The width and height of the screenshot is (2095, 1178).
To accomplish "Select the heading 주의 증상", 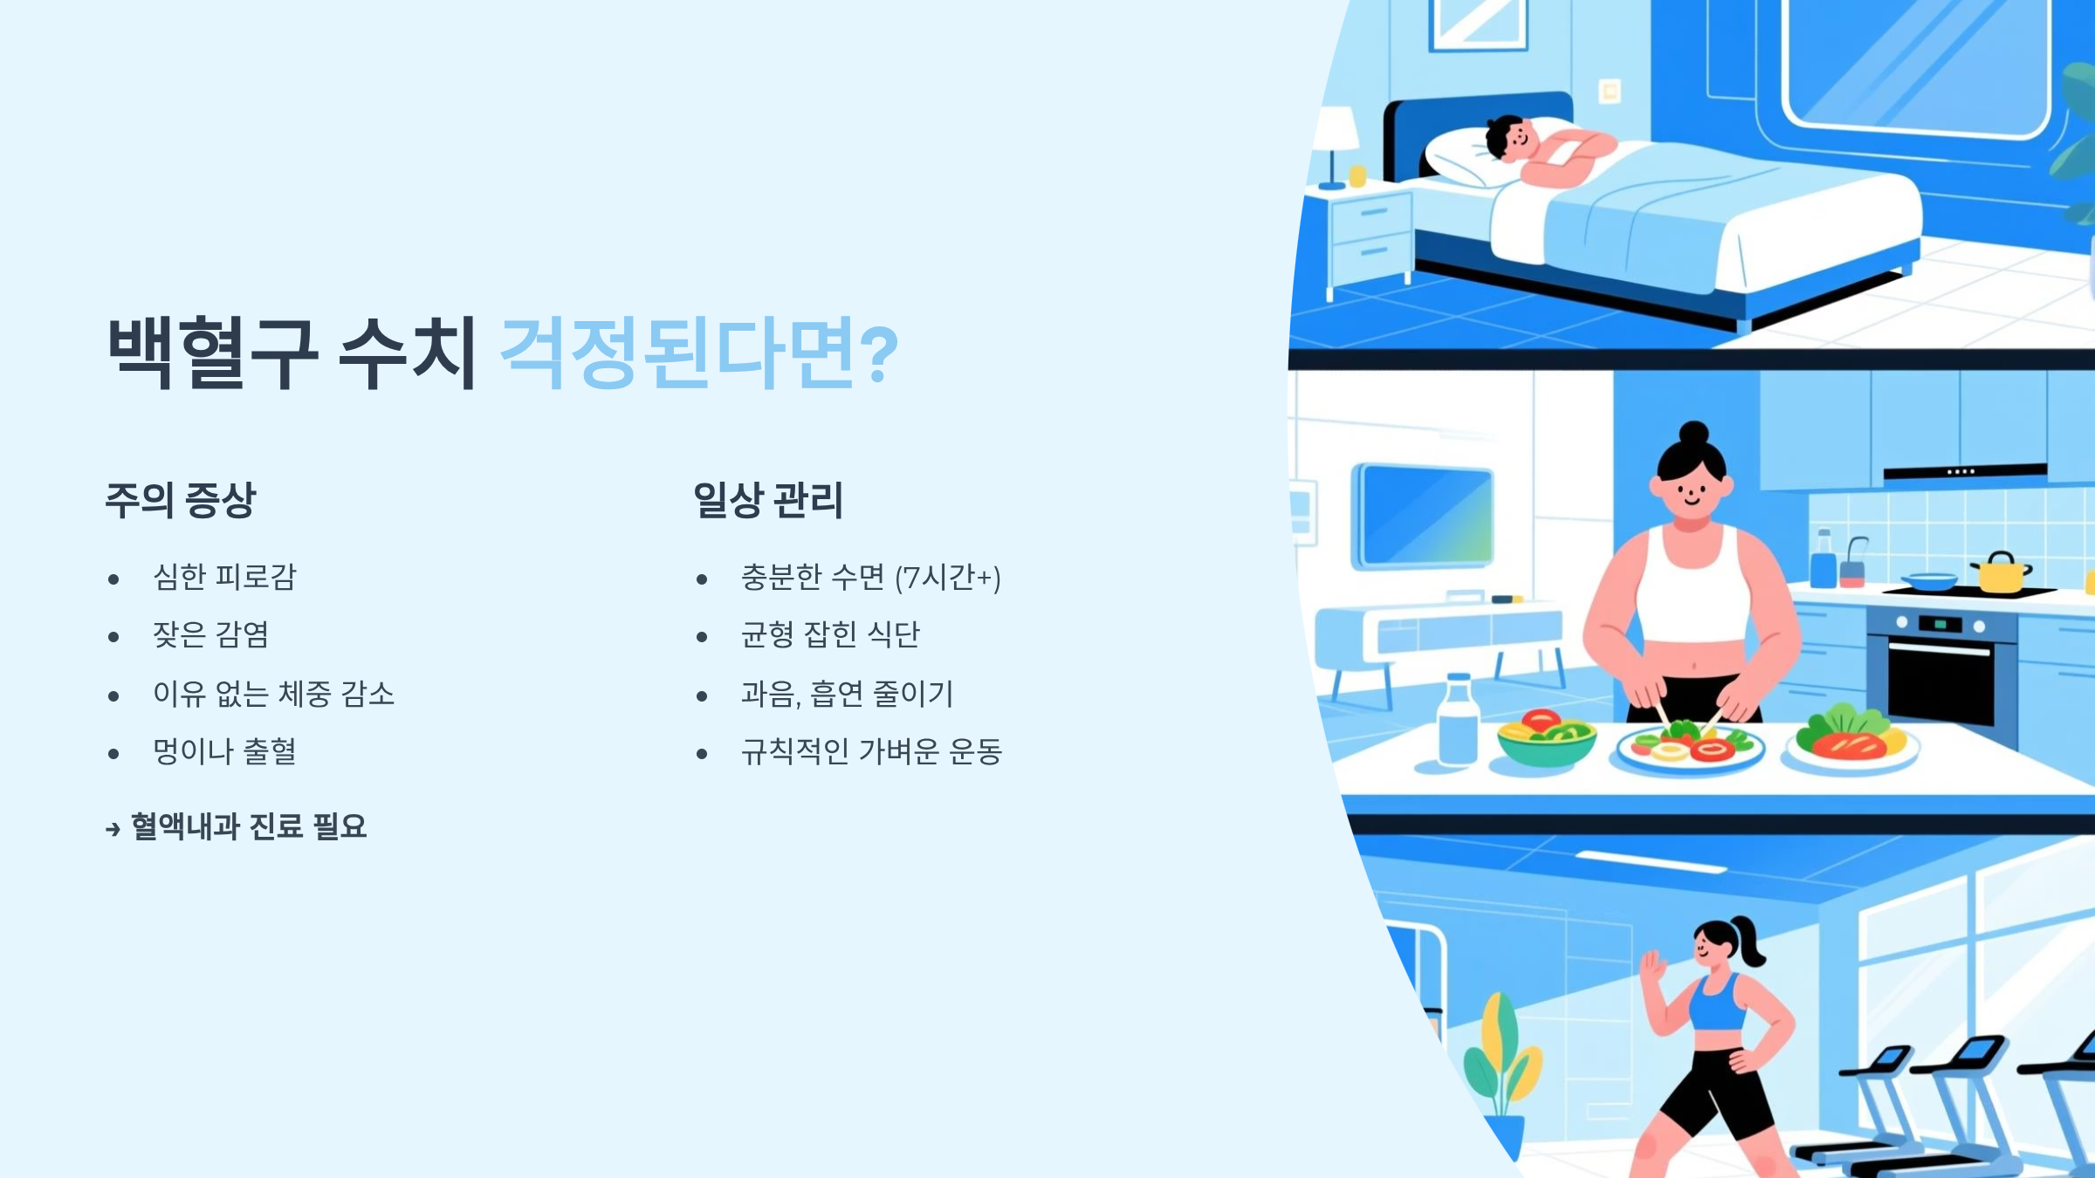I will click(181, 500).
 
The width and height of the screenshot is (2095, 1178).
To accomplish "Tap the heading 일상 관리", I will click(768, 500).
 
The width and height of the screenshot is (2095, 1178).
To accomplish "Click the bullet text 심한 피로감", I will click(224, 577).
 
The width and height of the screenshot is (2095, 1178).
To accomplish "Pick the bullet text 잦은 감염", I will click(210, 634).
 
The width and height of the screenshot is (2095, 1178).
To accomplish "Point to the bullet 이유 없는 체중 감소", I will click(273, 694).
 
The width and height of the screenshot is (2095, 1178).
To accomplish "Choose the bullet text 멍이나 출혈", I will click(224, 751).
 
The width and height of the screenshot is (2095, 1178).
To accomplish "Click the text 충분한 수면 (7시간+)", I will click(870, 577).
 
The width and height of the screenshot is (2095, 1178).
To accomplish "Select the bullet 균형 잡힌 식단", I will click(830, 634).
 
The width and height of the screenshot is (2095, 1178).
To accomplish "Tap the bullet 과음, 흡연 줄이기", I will click(847, 694).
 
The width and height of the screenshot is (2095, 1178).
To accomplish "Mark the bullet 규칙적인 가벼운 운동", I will click(871, 751).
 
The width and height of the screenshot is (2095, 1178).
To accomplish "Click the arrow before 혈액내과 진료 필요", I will click(113, 828).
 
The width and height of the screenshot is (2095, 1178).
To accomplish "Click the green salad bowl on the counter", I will click(1546, 739).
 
